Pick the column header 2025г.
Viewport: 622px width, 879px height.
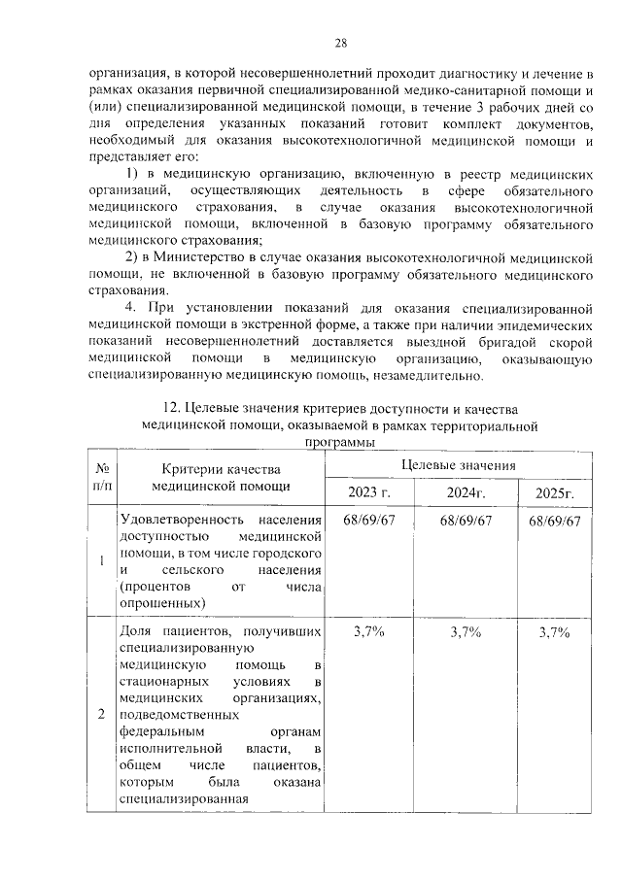[x=555, y=494]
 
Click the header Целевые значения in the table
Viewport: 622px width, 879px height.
[x=458, y=465]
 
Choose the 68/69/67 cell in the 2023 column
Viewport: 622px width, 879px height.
[x=369, y=521]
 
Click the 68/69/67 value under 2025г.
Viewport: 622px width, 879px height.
[x=555, y=521]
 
